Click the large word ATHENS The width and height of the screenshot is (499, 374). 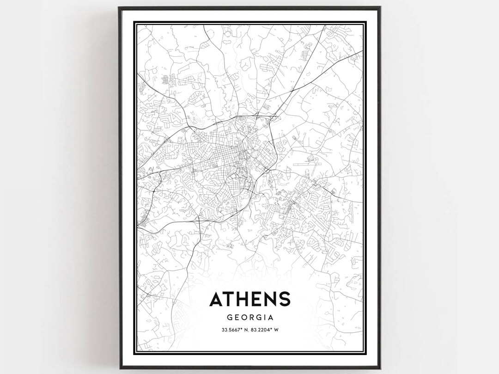(250, 299)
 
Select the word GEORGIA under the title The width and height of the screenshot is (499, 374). (250, 318)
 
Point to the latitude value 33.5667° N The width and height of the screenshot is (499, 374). (234, 330)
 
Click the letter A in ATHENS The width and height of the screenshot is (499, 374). (216, 299)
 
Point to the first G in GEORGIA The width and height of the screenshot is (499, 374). (230, 318)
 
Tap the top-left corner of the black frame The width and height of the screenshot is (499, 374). (119, 7)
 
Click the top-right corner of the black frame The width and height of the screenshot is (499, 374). (380, 7)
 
